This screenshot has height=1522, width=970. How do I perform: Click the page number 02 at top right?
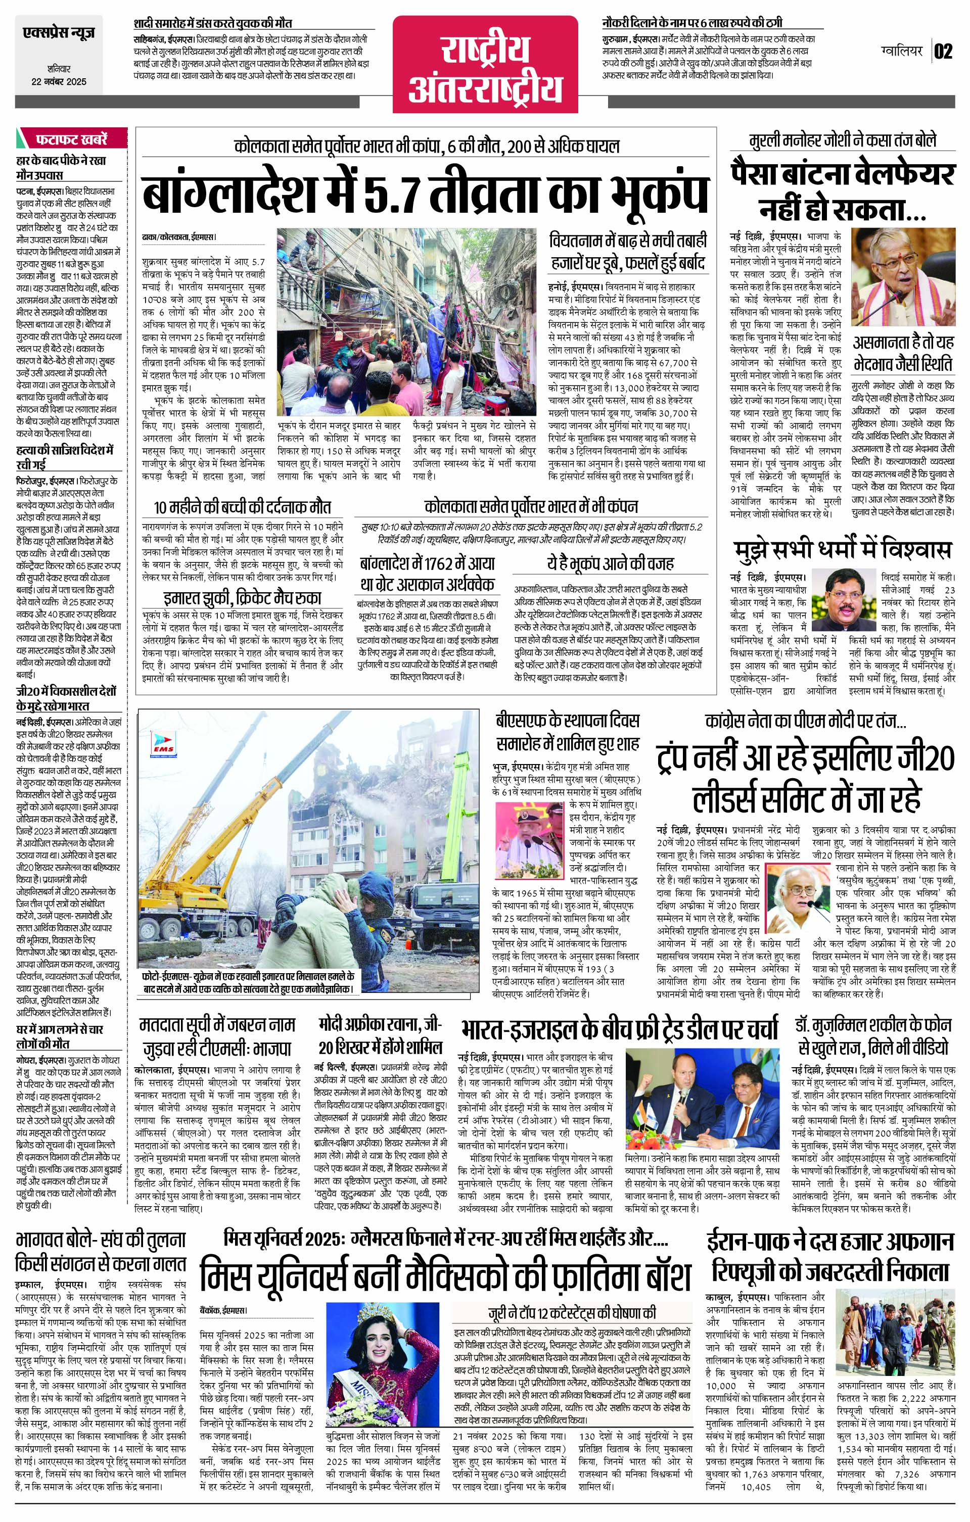943,51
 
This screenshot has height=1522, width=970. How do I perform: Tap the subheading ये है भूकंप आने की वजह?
610,563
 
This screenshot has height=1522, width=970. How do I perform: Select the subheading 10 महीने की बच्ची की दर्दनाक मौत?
242,507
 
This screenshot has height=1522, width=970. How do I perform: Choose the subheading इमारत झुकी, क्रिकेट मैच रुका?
242,598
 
